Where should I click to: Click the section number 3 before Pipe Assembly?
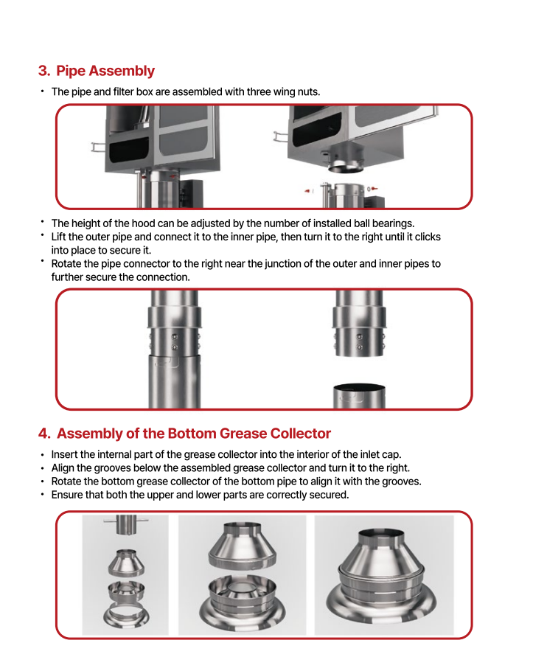43,72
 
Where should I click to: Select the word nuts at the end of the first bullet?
307,91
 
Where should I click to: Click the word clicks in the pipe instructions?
428,237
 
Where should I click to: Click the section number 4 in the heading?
43,434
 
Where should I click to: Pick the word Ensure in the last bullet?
67,495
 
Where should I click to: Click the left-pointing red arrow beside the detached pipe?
307,190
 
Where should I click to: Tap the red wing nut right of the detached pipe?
375,190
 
